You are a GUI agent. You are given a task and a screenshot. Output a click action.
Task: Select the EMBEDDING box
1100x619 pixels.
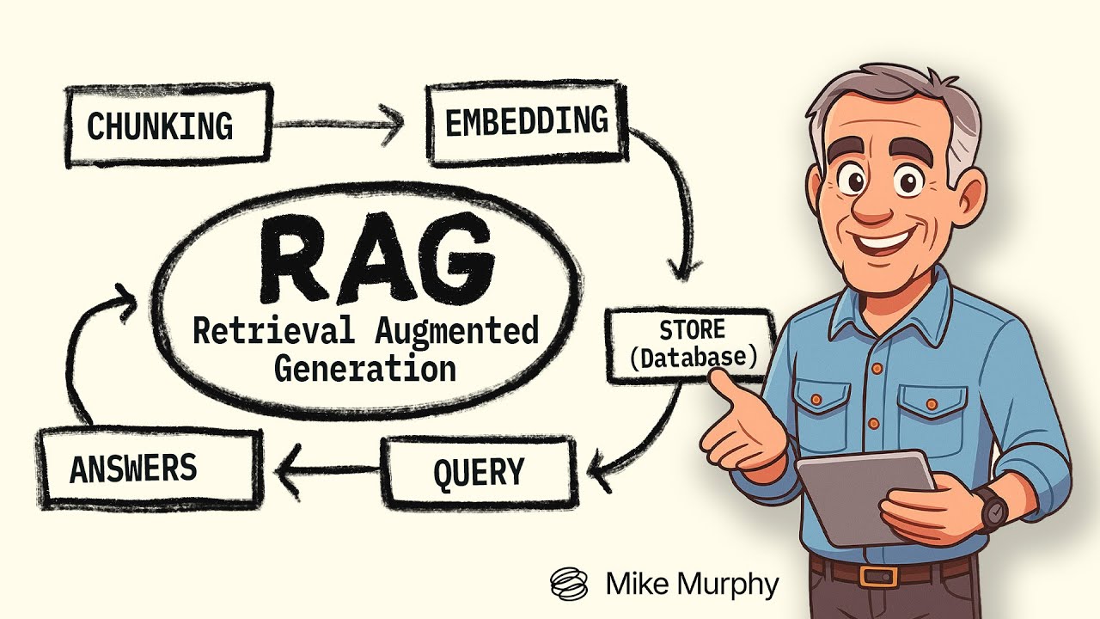525,122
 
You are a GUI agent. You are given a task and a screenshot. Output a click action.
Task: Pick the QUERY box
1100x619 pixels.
479,472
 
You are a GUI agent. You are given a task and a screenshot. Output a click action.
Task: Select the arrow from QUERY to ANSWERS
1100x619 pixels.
327,469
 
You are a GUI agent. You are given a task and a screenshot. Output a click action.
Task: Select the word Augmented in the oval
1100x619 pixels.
456,330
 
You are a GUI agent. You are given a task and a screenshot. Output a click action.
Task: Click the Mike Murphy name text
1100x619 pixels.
692,585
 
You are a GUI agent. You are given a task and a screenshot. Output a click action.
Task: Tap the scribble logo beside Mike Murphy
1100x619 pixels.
570,584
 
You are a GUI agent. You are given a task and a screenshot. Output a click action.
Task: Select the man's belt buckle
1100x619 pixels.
873,576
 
